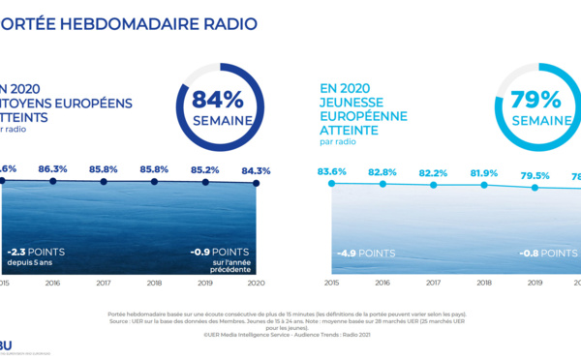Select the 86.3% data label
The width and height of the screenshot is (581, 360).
click(x=52, y=168)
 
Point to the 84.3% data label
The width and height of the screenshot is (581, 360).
click(x=257, y=171)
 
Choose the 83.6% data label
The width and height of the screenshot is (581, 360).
click(x=333, y=171)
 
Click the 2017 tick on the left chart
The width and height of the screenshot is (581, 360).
click(x=104, y=285)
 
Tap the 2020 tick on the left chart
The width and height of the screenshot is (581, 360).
click(x=256, y=285)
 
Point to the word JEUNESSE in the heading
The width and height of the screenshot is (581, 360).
click(x=352, y=103)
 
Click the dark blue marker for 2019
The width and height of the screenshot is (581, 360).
click(x=204, y=182)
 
